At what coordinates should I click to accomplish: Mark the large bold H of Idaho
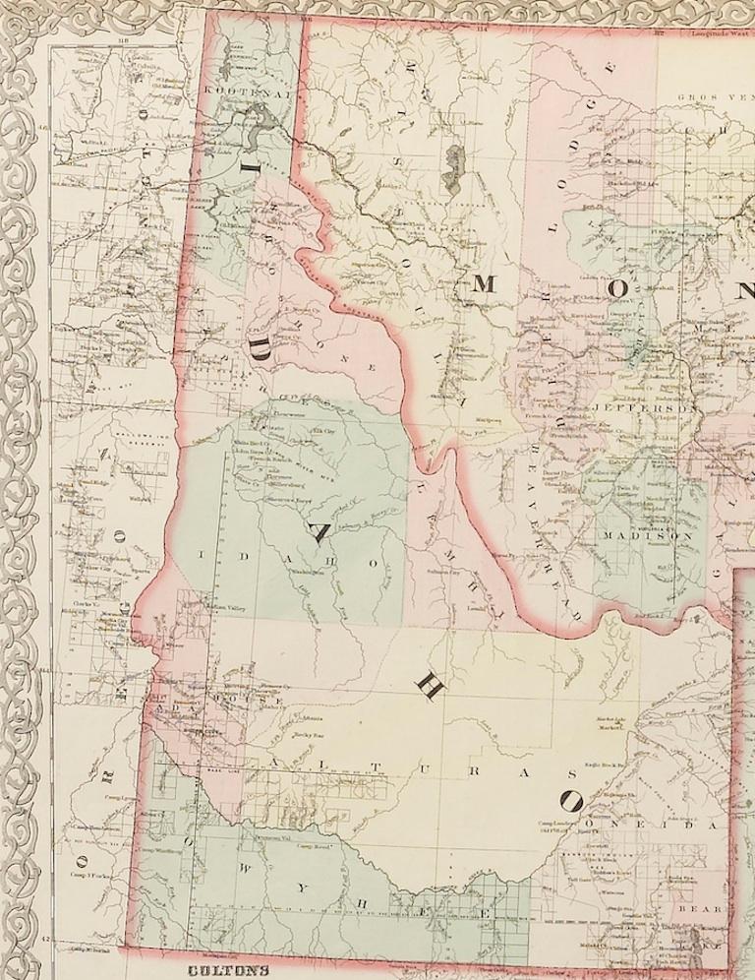[x=429, y=688]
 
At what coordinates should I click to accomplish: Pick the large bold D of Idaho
[x=260, y=344]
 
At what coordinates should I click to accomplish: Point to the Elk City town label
[x=321, y=430]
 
